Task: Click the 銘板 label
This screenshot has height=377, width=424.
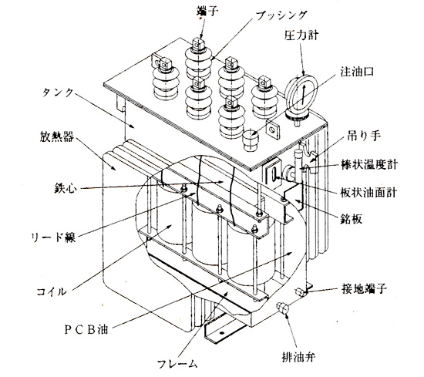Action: point(352,219)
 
